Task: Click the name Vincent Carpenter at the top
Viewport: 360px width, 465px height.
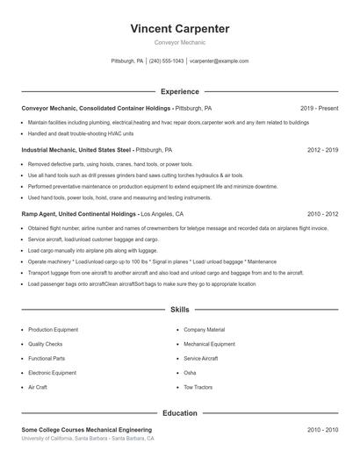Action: [179, 29]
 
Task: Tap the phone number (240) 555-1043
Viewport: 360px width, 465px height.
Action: [166, 61]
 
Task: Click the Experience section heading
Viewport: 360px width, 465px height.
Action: [179, 91]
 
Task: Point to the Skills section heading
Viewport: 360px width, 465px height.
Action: [179, 310]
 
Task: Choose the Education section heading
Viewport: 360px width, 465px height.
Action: [179, 412]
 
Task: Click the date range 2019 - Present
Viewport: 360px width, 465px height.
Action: [319, 108]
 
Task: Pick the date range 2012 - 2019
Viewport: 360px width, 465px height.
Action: [322, 150]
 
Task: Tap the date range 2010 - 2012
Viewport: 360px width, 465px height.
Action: [322, 213]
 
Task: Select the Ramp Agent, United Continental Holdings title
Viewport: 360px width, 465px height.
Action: [80, 213]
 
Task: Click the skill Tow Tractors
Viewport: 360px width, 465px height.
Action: [198, 387]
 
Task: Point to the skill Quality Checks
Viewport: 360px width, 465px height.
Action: [45, 344]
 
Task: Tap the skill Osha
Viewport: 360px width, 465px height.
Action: [190, 373]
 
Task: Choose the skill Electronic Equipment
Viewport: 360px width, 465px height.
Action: [52, 373]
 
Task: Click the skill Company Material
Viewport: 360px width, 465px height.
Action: [204, 330]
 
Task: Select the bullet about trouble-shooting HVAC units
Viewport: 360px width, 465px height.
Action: [80, 133]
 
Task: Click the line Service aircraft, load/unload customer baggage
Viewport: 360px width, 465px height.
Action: [93, 239]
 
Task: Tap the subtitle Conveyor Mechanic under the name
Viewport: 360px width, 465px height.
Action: [179, 43]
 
